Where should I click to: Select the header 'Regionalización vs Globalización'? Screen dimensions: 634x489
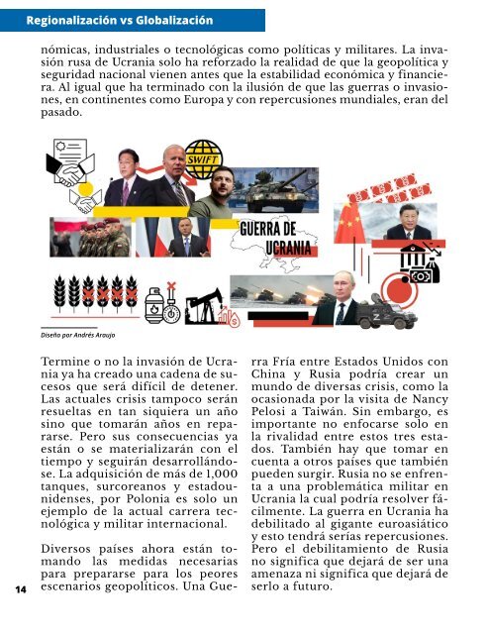point(120,20)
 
